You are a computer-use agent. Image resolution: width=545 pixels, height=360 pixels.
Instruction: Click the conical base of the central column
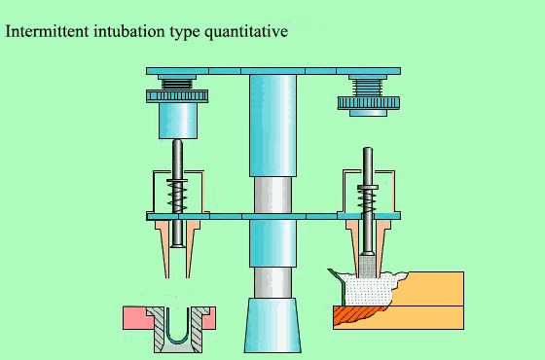[272, 326]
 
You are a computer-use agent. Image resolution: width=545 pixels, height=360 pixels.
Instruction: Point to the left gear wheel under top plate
[177, 95]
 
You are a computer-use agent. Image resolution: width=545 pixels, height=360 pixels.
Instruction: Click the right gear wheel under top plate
[369, 102]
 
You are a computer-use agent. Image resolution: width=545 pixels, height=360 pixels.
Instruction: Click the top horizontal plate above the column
[272, 71]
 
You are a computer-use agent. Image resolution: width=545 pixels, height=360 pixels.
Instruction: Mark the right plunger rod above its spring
[368, 165]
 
